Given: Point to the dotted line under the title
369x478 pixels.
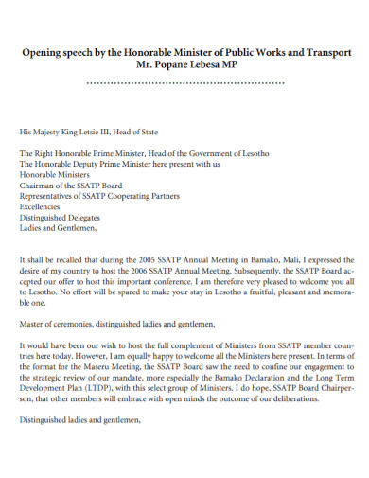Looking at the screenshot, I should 184,83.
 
